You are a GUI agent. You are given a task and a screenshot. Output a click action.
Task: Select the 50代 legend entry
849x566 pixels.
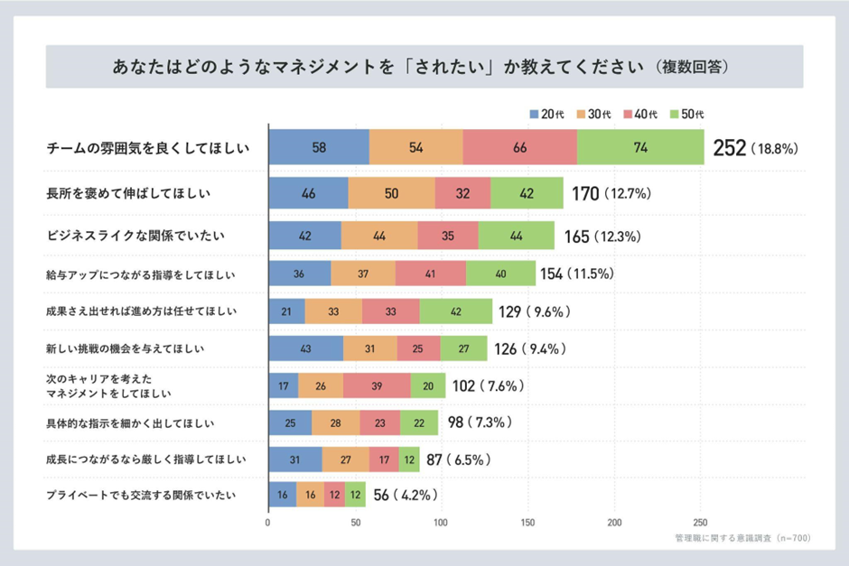(687, 115)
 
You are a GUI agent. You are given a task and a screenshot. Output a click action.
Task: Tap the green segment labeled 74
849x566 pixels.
(640, 148)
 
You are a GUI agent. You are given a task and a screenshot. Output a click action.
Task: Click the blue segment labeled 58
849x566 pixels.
(319, 148)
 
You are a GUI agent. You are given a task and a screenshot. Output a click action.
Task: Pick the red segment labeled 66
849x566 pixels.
(519, 148)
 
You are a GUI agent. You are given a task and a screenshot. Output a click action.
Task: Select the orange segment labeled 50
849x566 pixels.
(391, 193)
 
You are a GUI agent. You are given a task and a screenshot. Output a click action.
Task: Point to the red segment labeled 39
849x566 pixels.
(377, 386)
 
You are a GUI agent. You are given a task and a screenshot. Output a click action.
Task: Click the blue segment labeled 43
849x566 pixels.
(305, 348)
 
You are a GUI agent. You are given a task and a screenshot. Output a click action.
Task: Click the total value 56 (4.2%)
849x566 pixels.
(406, 495)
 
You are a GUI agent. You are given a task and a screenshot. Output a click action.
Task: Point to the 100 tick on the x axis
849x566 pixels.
(442, 523)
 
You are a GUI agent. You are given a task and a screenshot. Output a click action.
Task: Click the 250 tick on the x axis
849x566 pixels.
(699, 523)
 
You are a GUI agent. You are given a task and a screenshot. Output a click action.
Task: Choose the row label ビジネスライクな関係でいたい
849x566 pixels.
(135, 236)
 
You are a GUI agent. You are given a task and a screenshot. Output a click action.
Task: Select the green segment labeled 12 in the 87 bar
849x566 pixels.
(411, 459)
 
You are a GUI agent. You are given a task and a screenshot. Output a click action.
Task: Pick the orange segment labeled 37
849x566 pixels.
(363, 274)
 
